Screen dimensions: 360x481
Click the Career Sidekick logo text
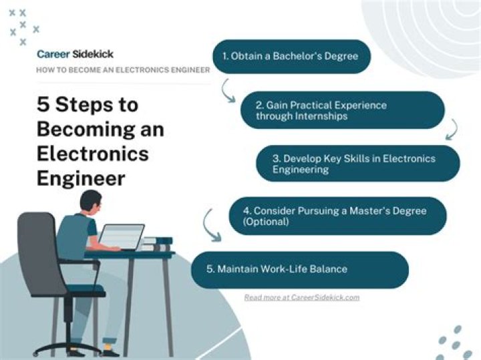click(75, 54)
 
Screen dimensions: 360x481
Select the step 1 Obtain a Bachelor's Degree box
click(291, 56)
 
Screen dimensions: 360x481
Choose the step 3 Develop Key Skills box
click(357, 164)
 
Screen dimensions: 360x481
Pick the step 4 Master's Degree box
click(337, 216)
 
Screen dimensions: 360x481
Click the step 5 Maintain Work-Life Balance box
click(299, 269)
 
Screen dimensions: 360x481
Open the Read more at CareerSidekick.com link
click(301, 297)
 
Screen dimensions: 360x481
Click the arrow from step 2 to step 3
click(452, 129)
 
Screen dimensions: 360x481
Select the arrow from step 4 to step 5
click(212, 227)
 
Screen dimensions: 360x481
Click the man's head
click(91, 202)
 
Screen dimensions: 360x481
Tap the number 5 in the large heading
click(43, 106)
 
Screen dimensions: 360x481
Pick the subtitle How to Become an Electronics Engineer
click(123, 69)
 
